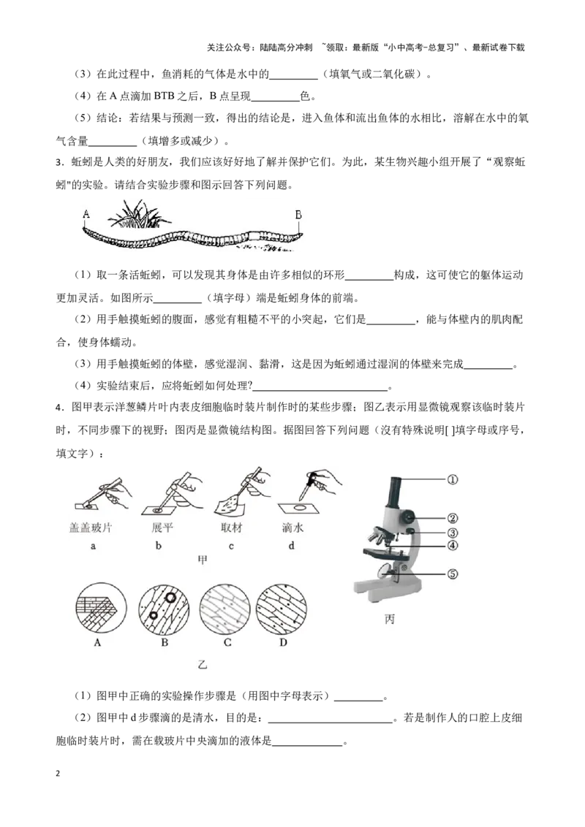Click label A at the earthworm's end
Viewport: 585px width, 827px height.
[x=86, y=214]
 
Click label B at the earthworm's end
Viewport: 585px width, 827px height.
[x=298, y=214]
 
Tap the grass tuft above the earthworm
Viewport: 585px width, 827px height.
[x=138, y=214]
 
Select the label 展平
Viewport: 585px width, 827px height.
[x=162, y=527]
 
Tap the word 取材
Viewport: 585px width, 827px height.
[x=230, y=527]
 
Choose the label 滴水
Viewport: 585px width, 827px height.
[x=292, y=527]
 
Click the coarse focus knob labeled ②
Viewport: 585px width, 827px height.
[x=404, y=517]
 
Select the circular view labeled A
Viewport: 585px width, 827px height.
[x=97, y=609]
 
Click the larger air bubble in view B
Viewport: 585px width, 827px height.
[x=170, y=597]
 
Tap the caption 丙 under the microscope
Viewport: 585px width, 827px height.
[x=390, y=620]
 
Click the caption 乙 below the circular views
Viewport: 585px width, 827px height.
[x=203, y=666]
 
